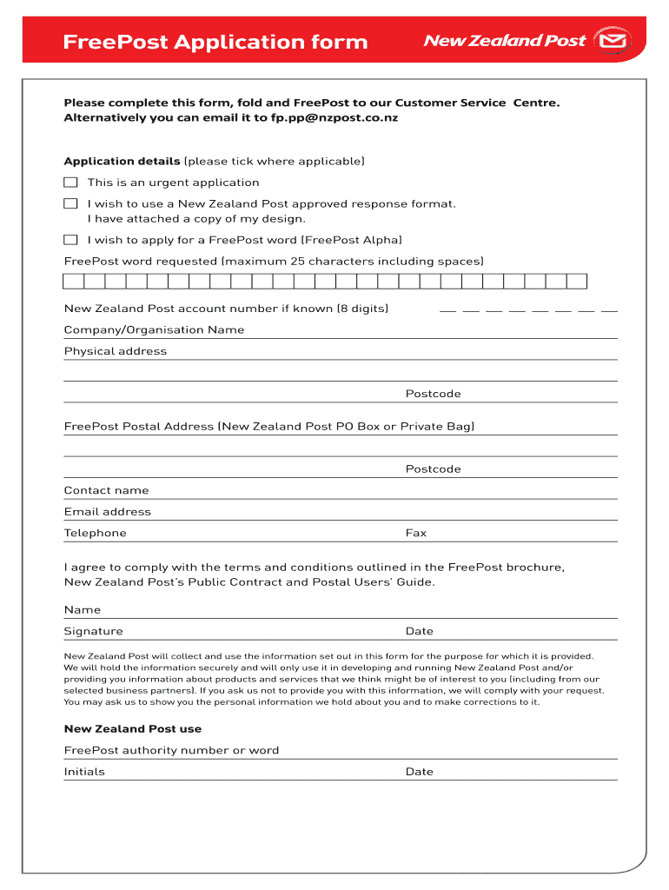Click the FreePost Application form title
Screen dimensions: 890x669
point(215,42)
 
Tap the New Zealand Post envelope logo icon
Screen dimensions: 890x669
point(616,41)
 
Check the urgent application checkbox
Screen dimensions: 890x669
point(70,183)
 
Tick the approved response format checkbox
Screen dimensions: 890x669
point(70,203)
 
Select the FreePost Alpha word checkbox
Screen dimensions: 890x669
point(70,240)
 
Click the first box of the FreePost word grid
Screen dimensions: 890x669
point(74,281)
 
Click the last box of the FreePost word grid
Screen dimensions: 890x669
point(578,281)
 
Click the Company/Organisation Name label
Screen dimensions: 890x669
point(154,330)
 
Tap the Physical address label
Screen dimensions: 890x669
point(116,351)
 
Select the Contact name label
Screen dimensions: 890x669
point(106,490)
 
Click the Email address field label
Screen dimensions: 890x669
point(108,512)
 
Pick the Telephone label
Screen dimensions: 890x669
point(96,533)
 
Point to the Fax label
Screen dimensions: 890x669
point(416,533)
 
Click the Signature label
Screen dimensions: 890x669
point(94,631)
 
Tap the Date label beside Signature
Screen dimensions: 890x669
point(420,631)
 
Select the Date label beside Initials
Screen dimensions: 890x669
point(420,772)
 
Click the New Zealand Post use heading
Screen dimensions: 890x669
point(133,729)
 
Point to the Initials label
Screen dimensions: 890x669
point(84,772)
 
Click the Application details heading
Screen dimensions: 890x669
point(122,162)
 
